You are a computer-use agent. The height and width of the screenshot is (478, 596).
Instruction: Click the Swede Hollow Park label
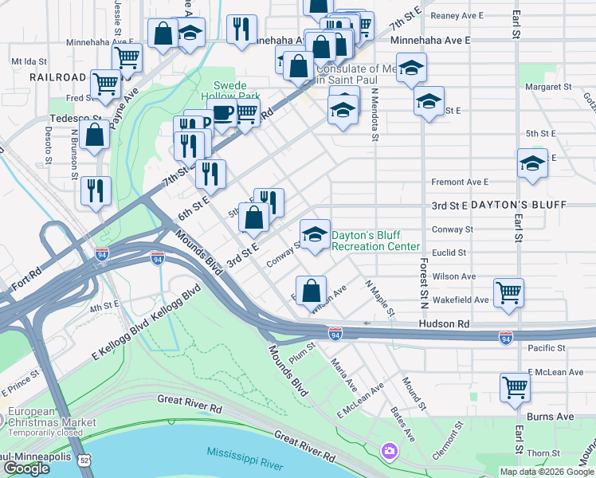click(x=237, y=91)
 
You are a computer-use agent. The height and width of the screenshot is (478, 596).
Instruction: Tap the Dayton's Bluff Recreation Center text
click(x=374, y=241)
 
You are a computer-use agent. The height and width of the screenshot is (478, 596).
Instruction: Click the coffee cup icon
click(x=222, y=114)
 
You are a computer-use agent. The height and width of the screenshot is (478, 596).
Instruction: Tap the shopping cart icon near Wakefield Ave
click(x=508, y=292)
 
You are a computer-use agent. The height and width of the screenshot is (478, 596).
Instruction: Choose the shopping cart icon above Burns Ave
click(x=515, y=387)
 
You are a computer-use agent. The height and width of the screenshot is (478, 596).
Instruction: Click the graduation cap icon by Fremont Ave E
click(x=532, y=163)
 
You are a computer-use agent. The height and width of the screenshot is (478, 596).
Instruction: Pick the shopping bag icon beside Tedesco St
click(x=95, y=135)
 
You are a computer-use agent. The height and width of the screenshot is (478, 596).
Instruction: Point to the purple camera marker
click(x=389, y=451)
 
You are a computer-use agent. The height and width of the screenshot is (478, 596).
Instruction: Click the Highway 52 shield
click(x=85, y=460)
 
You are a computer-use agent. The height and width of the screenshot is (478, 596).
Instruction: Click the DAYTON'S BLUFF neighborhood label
click(x=518, y=205)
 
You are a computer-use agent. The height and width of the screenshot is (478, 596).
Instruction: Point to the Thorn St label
click(x=543, y=453)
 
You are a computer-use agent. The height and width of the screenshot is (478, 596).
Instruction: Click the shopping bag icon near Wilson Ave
click(x=311, y=290)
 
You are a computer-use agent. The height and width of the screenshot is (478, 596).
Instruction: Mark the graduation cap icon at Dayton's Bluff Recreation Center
click(x=315, y=234)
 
